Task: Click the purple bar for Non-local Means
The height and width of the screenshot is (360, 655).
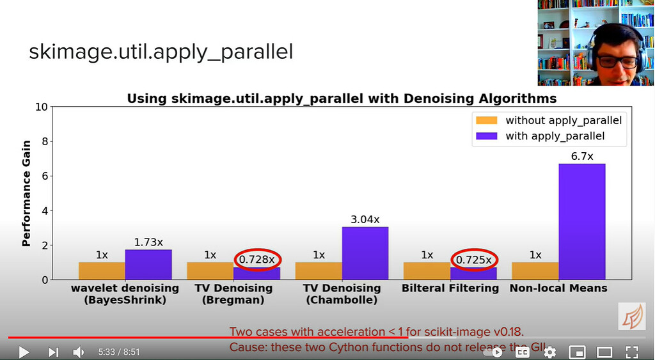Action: pos(581,221)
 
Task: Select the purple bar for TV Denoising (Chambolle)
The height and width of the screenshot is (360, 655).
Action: pos(365,253)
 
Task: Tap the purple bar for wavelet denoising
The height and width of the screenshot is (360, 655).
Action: pos(148,264)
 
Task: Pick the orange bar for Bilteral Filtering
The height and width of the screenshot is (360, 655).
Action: pos(426,270)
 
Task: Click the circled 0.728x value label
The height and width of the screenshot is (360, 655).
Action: pos(256,260)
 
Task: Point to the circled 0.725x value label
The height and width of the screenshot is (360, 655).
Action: pos(474,260)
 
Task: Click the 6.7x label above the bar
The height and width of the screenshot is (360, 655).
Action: pos(581,156)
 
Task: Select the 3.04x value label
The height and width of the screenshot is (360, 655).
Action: pos(365,219)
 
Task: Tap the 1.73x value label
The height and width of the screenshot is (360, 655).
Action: pos(148,242)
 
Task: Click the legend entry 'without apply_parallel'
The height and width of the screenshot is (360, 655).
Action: pos(563,120)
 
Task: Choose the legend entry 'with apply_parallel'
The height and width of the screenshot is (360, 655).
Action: pos(555,136)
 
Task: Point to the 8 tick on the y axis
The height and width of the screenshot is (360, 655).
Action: pos(44,141)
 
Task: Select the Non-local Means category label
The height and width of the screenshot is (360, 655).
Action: pos(558,288)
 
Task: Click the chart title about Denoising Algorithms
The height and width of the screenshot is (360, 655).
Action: pos(342,98)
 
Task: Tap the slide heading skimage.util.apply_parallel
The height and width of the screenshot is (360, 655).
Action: pos(161,52)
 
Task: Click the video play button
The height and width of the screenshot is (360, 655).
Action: pos(24,352)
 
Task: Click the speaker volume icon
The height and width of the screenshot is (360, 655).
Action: pos(78,352)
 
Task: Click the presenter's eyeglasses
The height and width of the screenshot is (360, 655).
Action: pos(617,62)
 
